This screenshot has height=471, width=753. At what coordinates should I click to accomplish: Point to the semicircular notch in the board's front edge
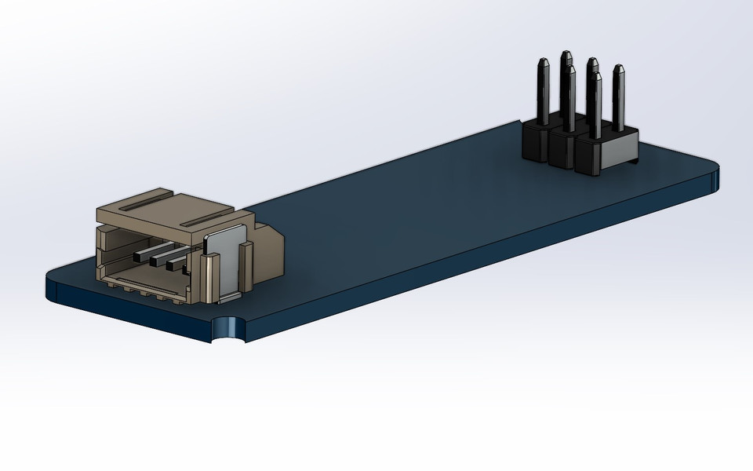coord(228,330)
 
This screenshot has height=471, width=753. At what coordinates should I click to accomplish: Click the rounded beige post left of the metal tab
coord(208,279)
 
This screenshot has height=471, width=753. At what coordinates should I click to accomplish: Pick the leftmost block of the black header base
coord(535,141)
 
